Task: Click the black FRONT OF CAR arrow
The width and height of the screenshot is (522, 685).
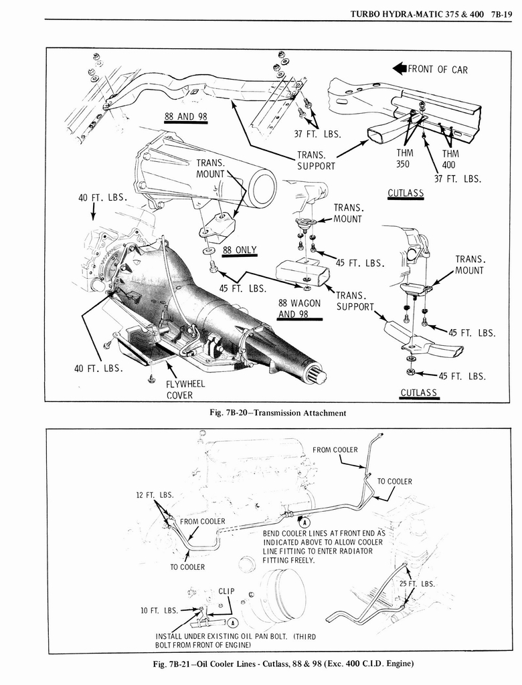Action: (x=400, y=69)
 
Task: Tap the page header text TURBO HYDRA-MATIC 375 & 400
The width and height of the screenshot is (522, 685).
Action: (x=414, y=11)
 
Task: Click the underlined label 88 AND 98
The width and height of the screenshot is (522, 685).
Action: (x=186, y=116)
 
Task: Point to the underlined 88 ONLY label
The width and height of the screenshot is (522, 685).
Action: (x=240, y=250)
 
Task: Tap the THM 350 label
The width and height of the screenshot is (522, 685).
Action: (x=404, y=159)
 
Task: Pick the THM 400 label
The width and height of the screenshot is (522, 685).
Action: (x=450, y=159)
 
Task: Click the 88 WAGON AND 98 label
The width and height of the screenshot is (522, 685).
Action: (x=299, y=308)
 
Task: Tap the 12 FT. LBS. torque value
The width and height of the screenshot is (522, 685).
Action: (x=155, y=495)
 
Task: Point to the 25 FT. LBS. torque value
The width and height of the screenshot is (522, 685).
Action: (x=417, y=583)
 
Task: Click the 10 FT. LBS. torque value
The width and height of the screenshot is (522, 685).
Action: (x=159, y=610)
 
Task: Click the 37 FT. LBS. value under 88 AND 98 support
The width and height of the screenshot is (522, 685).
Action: (x=318, y=133)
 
